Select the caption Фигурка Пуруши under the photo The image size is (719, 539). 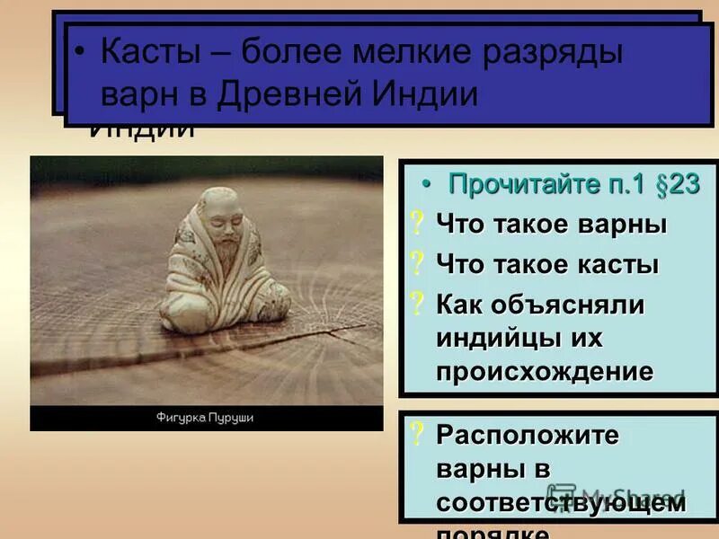(205, 418)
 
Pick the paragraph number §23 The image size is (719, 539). (669, 185)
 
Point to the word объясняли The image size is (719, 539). (569, 305)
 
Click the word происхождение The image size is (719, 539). (545, 372)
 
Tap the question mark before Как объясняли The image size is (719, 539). (416, 305)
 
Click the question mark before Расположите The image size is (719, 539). (416, 435)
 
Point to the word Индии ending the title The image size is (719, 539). (427, 94)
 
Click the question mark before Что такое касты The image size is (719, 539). (416, 265)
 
